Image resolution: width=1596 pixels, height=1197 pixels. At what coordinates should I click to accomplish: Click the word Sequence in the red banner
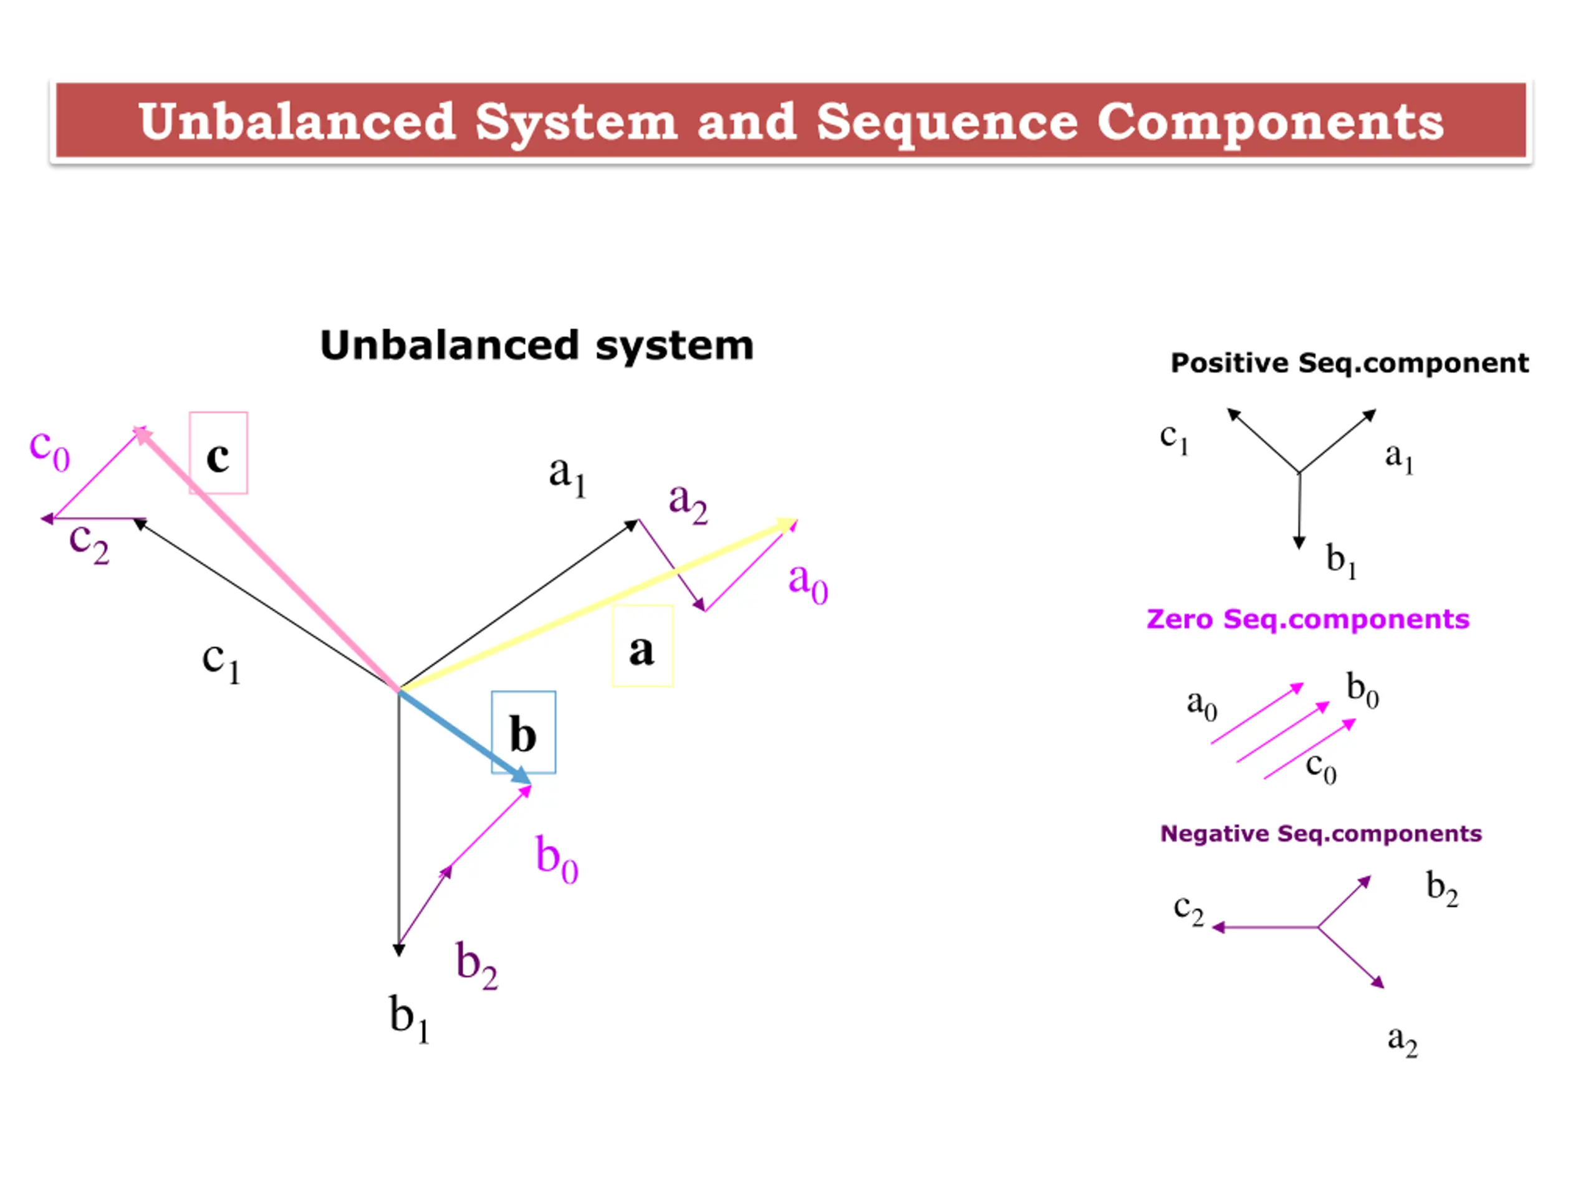pos(948,122)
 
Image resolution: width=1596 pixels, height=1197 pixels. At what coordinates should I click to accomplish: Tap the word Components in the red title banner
pos(1271,122)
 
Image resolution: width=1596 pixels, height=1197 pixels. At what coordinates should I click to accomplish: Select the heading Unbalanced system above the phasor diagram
pos(537,345)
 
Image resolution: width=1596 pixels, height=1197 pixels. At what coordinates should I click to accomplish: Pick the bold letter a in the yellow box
pos(642,650)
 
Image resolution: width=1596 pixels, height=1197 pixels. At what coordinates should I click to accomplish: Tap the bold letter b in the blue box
pos(523,734)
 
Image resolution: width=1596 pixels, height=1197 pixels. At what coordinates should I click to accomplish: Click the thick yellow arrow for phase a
pos(599,605)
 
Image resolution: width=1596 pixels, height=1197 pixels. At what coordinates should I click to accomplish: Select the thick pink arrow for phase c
pos(267,559)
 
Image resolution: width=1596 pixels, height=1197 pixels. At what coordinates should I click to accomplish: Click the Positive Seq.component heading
pos(1349,363)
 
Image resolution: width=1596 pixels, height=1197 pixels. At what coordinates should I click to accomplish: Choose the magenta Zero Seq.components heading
pos(1307,619)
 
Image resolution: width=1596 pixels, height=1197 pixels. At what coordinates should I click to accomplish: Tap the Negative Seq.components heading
pos(1320,834)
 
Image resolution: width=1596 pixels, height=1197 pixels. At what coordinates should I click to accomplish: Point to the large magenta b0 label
pos(556,858)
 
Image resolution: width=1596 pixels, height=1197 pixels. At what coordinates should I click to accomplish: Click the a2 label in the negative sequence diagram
pos(1402,1041)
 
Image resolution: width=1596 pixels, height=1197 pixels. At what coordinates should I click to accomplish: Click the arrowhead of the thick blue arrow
pos(521,776)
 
